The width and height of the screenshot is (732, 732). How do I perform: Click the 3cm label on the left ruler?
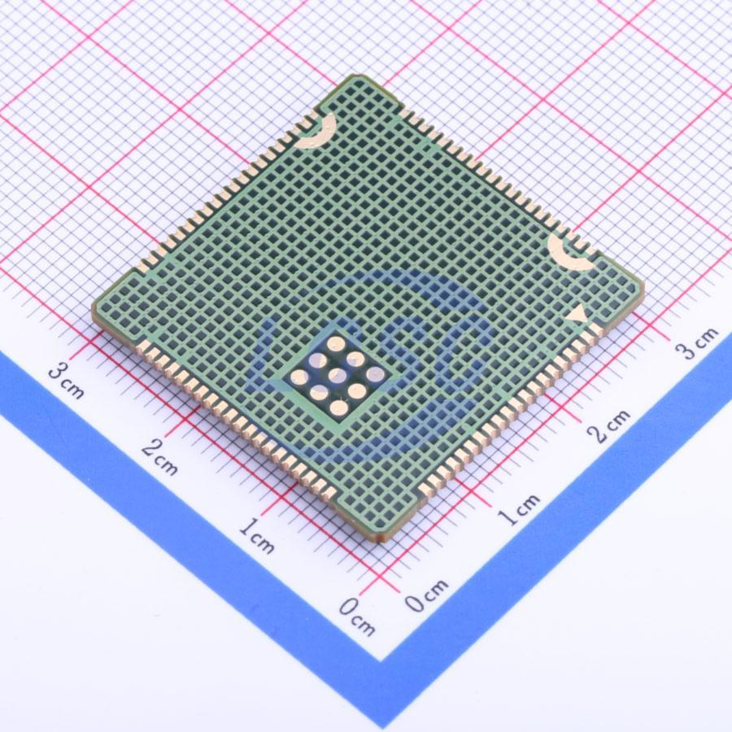click(68, 382)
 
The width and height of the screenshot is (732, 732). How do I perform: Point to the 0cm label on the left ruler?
click(358, 617)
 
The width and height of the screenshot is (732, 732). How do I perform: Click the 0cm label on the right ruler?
click(426, 595)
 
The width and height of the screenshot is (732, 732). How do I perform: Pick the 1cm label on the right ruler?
click(519, 509)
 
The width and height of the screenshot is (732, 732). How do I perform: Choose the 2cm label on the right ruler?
click(609, 425)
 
